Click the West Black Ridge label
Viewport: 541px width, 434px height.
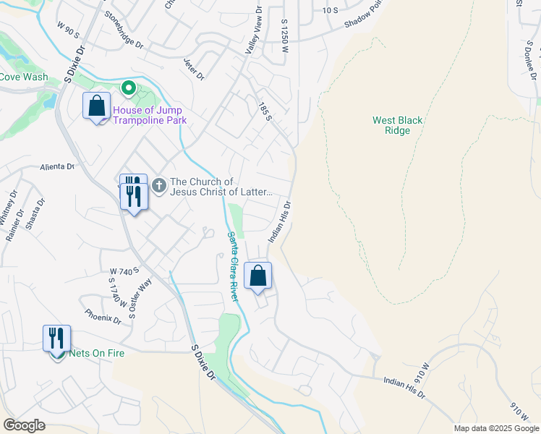(397, 126)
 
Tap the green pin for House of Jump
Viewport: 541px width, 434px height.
(129, 88)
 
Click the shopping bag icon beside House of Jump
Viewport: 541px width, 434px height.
(96, 106)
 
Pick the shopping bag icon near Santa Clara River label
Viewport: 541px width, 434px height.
(257, 276)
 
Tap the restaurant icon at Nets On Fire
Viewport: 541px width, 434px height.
(56, 338)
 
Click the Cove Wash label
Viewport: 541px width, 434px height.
(24, 77)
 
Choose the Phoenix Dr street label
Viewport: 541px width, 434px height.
(102, 317)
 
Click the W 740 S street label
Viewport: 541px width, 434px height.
(123, 271)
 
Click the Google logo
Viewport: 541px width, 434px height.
(24, 425)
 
